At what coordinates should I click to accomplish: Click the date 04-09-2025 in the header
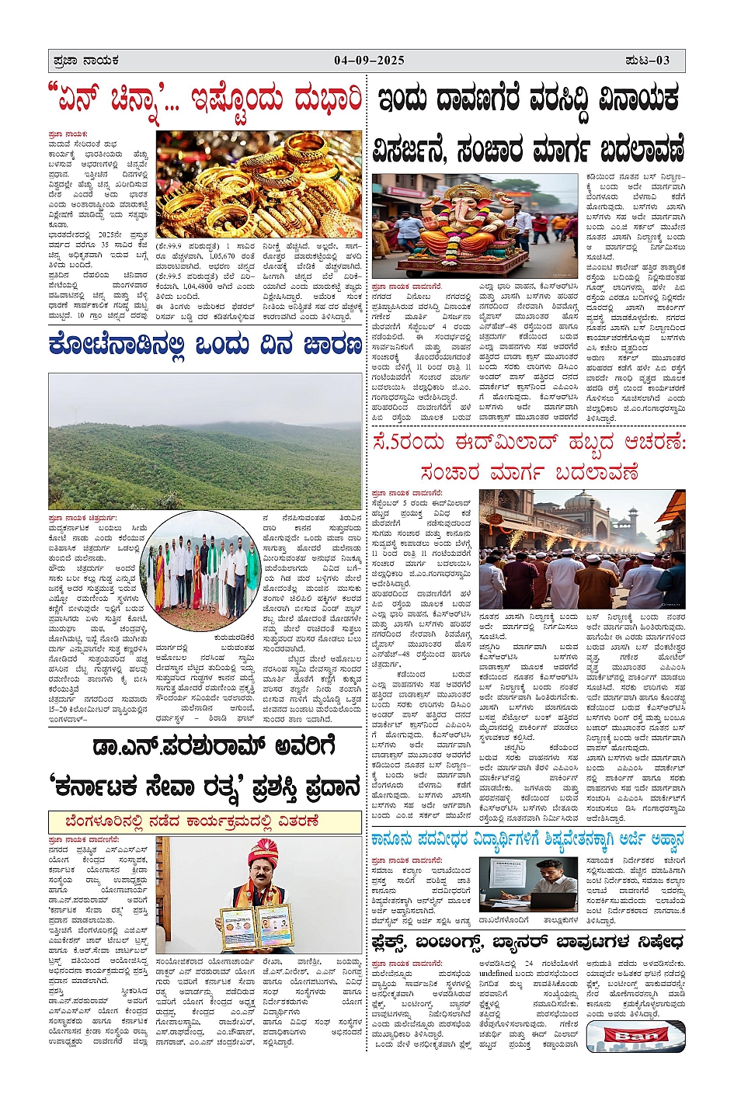[370, 61]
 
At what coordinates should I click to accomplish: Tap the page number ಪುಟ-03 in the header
[647, 61]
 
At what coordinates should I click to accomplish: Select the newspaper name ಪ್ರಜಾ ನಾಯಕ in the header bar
[85, 61]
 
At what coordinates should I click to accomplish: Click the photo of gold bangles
[259, 183]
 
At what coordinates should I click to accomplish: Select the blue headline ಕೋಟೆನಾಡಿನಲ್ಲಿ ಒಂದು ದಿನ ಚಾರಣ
[204, 345]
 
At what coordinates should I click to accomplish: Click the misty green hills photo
[204, 441]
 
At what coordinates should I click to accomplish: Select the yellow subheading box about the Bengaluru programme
[205, 821]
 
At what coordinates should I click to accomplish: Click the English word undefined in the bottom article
[496, 973]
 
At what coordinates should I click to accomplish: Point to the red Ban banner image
[636, 1037]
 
